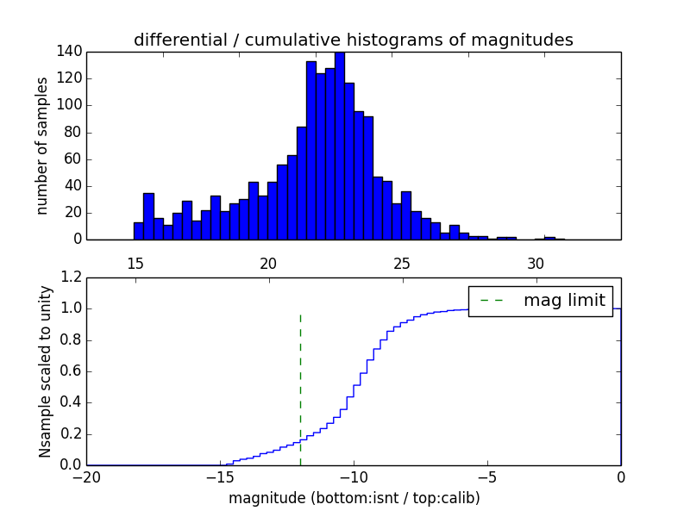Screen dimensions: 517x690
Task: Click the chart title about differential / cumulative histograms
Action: [x=354, y=40]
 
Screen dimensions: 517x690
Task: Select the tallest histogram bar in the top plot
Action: [x=340, y=146]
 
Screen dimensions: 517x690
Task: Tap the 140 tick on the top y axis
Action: [x=72, y=52]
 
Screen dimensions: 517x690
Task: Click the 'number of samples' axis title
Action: [x=42, y=146]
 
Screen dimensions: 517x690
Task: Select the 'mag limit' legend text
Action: [x=564, y=301]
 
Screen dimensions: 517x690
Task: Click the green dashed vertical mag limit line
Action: [x=300, y=388]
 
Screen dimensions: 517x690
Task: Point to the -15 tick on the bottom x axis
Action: [x=220, y=477]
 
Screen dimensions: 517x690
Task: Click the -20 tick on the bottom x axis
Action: [x=86, y=477]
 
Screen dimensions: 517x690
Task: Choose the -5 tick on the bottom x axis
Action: [x=487, y=477]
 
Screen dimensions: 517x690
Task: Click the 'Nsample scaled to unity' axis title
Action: [x=45, y=371]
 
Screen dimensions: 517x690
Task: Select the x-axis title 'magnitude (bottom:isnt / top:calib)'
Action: [x=354, y=499]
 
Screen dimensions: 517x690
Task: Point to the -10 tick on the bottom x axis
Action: [x=354, y=477]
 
